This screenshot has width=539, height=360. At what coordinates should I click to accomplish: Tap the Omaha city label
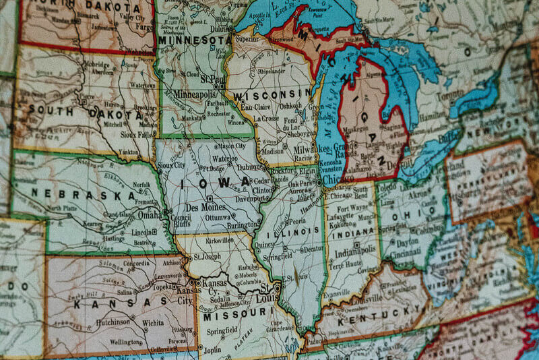coord(150,214)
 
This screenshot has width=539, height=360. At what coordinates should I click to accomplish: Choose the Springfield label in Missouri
coord(223,332)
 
